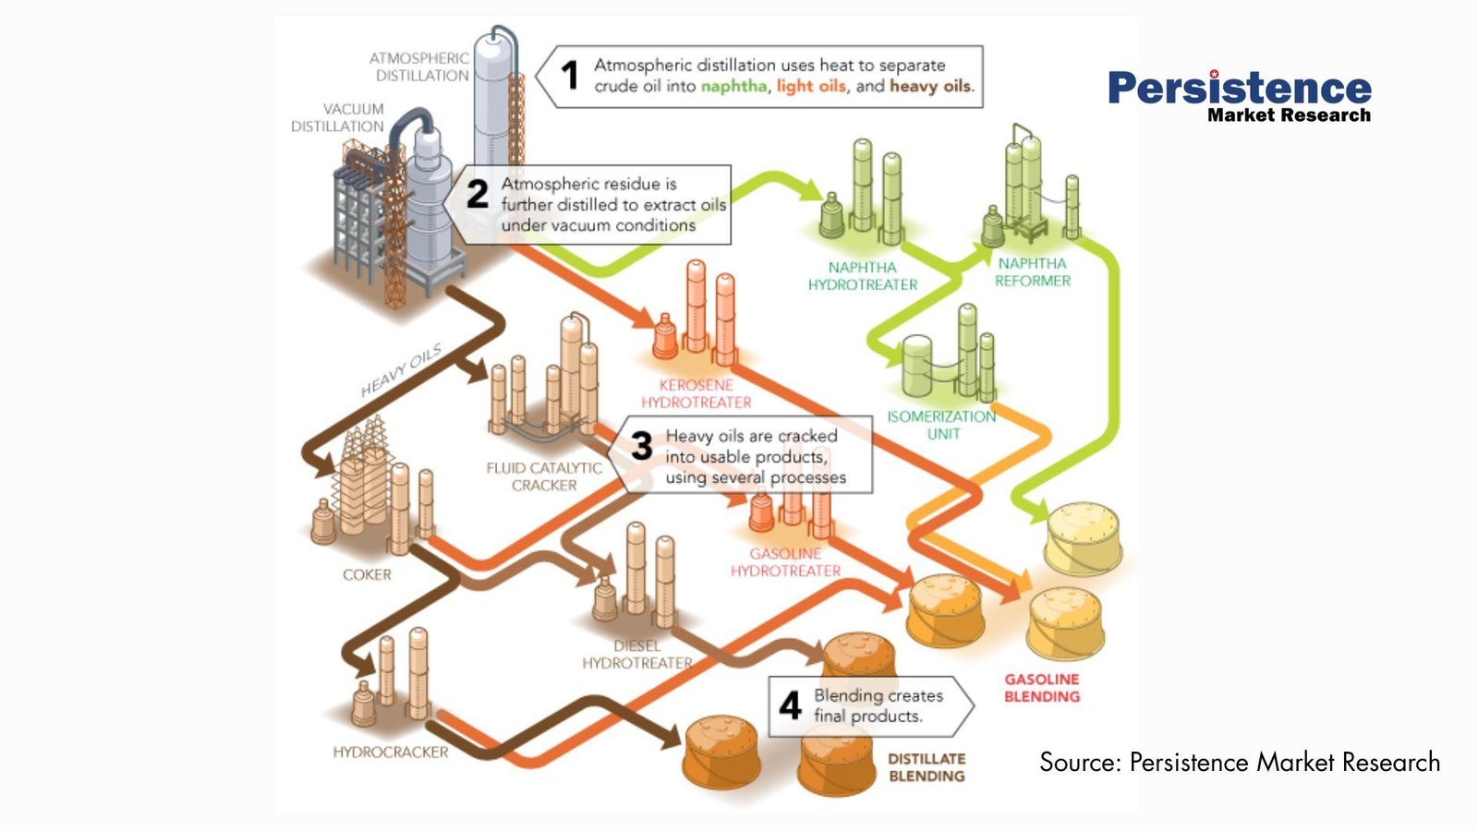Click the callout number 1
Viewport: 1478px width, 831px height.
pyautogui.click(x=570, y=75)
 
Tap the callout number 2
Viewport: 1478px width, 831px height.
pyautogui.click(x=477, y=194)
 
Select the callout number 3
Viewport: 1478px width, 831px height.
pyautogui.click(x=642, y=447)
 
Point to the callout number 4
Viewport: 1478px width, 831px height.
pyautogui.click(x=790, y=705)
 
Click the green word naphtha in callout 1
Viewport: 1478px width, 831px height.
pyautogui.click(x=733, y=86)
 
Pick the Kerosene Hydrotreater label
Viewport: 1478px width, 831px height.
pyautogui.click(x=697, y=393)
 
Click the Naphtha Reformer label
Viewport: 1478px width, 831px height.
pyautogui.click(x=1033, y=272)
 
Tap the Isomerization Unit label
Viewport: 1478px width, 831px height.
pyautogui.click(x=942, y=425)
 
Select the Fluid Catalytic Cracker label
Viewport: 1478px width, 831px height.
pyautogui.click(x=544, y=476)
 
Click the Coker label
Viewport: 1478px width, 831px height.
pyautogui.click(x=367, y=574)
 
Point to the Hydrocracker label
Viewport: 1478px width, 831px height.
pyautogui.click(x=391, y=753)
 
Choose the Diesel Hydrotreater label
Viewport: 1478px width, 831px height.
pyautogui.click(x=637, y=655)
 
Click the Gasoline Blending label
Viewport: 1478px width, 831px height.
pyautogui.click(x=1042, y=688)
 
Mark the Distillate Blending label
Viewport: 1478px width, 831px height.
pyautogui.click(x=927, y=767)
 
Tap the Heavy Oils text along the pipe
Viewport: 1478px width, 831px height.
pyautogui.click(x=401, y=370)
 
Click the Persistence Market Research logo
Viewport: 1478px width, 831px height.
pyautogui.click(x=1240, y=96)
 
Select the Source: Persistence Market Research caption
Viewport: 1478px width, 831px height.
pyautogui.click(x=1240, y=762)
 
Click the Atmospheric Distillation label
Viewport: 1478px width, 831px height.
pyautogui.click(x=420, y=66)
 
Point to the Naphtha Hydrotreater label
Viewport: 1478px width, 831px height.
pyautogui.click(x=863, y=276)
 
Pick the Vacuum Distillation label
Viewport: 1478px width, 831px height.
pyautogui.click(x=338, y=117)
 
